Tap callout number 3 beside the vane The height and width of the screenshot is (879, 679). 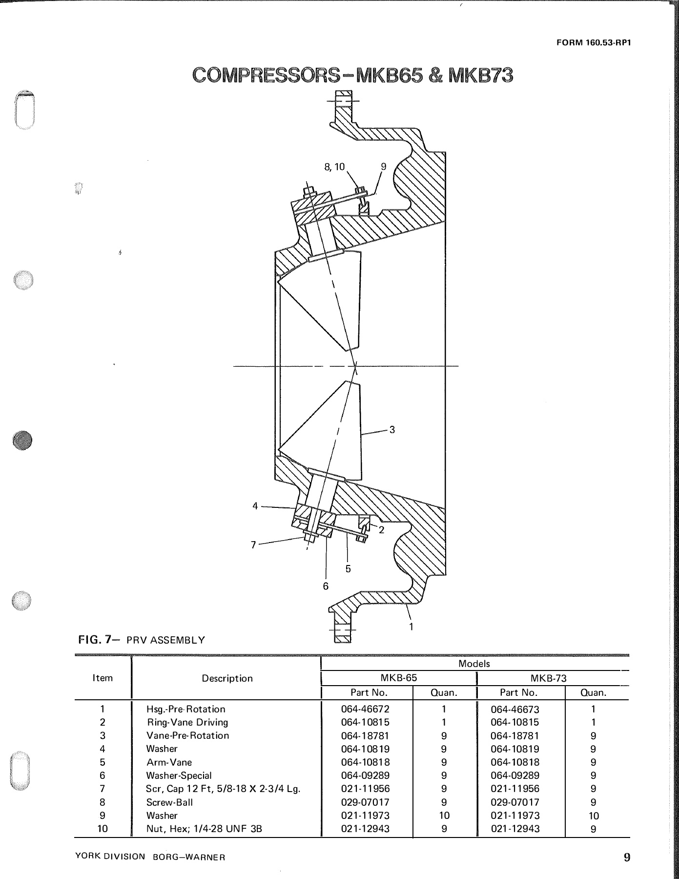[x=392, y=430]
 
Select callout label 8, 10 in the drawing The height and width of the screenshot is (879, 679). [x=334, y=167]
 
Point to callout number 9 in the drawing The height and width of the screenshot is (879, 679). [x=383, y=167]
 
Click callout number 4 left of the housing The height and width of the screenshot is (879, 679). [x=255, y=506]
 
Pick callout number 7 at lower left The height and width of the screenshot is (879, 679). [x=253, y=545]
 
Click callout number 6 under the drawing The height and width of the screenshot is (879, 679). [x=326, y=586]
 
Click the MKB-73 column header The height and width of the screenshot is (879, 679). [x=548, y=678]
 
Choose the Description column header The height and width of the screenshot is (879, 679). [x=227, y=678]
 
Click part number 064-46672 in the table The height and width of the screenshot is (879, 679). [x=365, y=709]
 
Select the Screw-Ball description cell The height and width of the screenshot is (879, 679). [x=169, y=802]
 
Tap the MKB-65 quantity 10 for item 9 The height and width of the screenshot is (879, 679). [x=444, y=815]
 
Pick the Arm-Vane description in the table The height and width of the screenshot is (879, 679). [x=169, y=762]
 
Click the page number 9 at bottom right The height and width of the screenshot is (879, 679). [x=627, y=857]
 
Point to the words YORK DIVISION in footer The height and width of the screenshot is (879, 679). [x=110, y=857]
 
